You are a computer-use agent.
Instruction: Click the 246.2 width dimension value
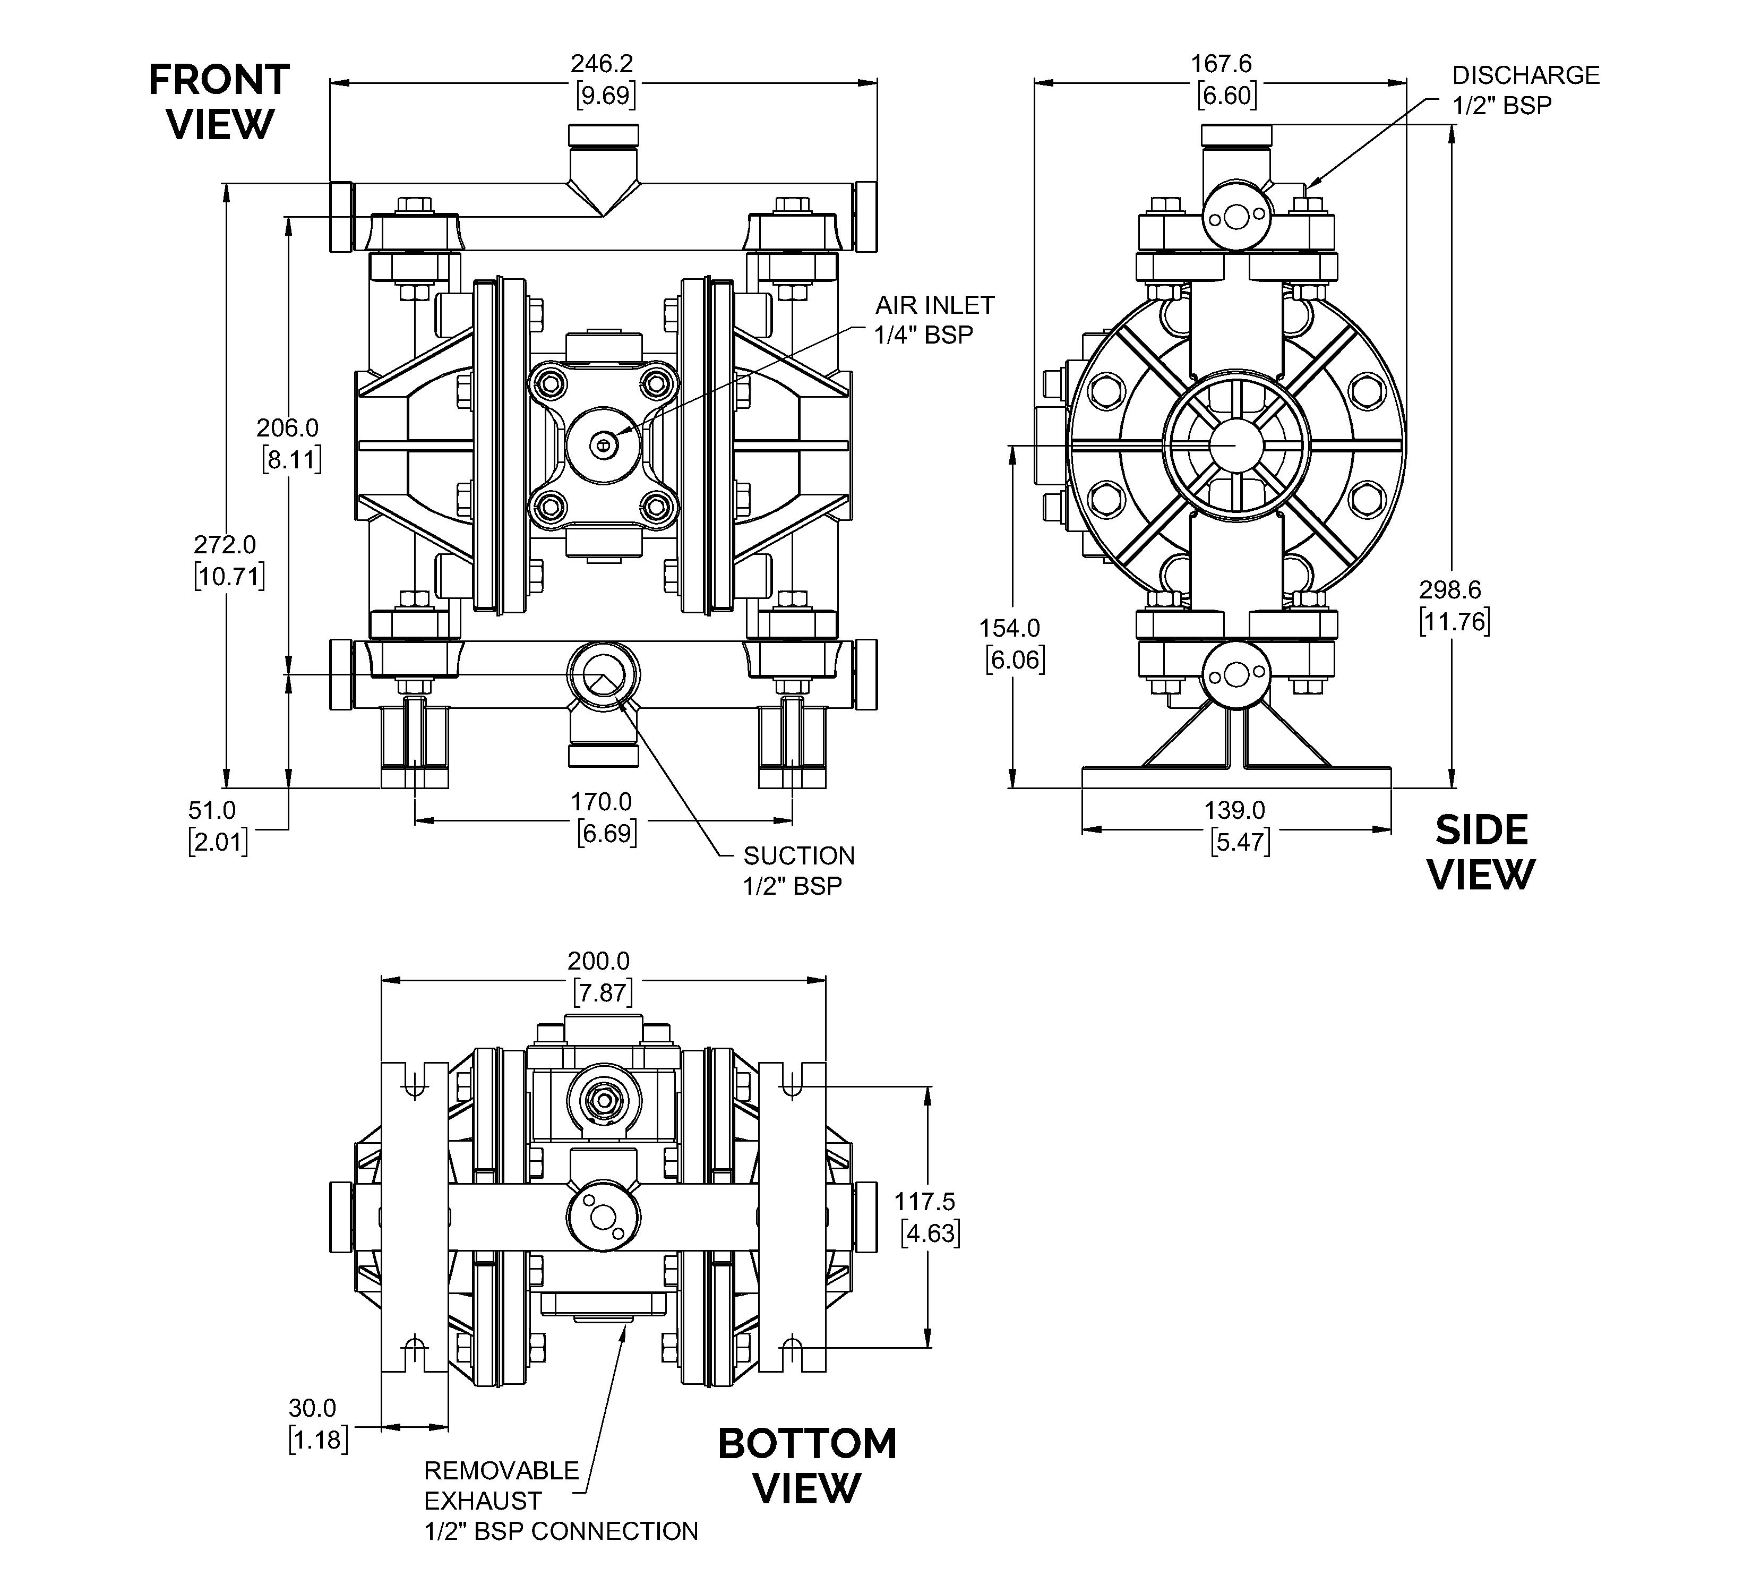pyautogui.click(x=602, y=63)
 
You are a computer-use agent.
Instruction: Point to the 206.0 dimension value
pyautogui.click(x=288, y=427)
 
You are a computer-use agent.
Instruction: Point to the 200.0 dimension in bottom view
pyautogui.click(x=599, y=961)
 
